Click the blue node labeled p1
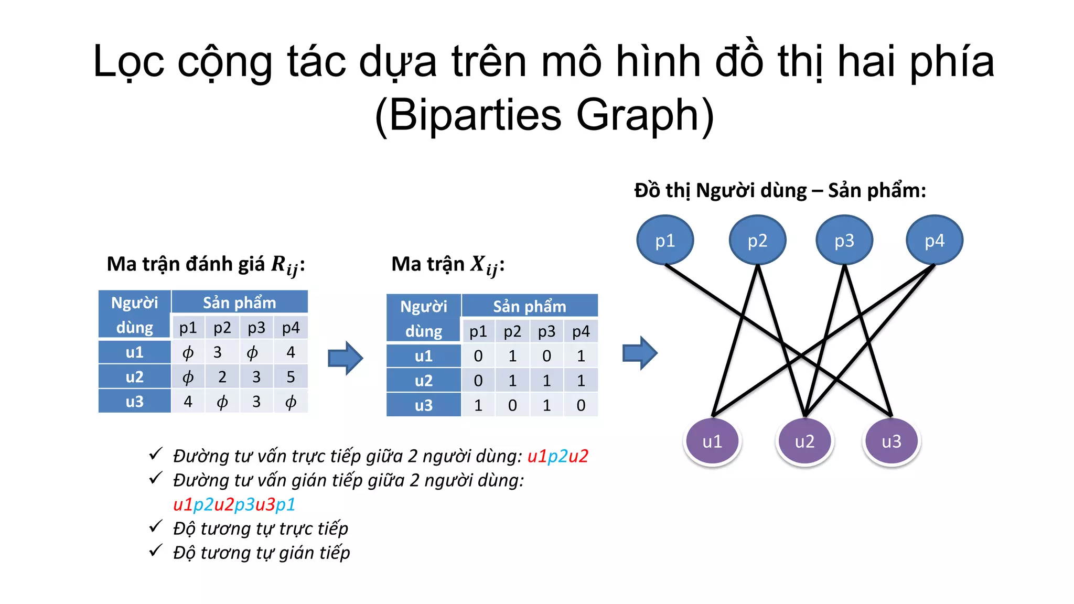click(x=665, y=240)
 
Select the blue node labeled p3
click(x=844, y=240)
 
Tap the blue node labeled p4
click(x=935, y=240)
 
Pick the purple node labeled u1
click(x=712, y=441)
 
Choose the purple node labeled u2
click(x=804, y=441)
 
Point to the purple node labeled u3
click(x=892, y=441)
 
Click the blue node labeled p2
click(x=757, y=240)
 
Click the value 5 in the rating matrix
click(x=291, y=377)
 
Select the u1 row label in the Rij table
click(x=135, y=352)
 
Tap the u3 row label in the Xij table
click(x=424, y=405)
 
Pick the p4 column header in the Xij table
click(x=581, y=331)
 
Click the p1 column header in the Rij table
click(x=188, y=328)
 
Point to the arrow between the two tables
click(x=345, y=358)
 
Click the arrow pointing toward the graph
click(x=640, y=353)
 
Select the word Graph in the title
click(x=645, y=115)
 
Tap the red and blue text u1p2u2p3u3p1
click(x=234, y=504)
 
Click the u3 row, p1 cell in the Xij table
click(x=478, y=405)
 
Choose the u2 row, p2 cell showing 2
click(x=222, y=377)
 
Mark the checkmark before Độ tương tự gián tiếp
click(x=155, y=551)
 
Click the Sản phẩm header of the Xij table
click(x=529, y=306)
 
